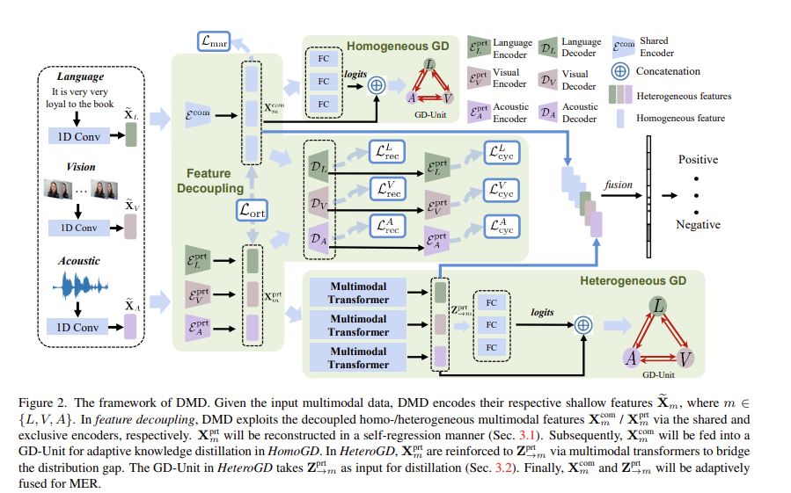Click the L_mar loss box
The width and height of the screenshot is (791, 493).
tap(211, 40)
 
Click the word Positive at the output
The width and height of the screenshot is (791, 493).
tap(698, 160)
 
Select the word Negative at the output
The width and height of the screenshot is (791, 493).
tap(699, 225)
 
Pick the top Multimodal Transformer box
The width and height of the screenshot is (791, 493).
tap(358, 294)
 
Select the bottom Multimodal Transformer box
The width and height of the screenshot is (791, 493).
tap(358, 358)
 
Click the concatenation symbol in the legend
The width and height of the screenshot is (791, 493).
tap(621, 71)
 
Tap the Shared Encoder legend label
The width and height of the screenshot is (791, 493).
tap(658, 46)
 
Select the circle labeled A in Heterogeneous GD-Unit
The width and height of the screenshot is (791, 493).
tap(631, 359)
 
